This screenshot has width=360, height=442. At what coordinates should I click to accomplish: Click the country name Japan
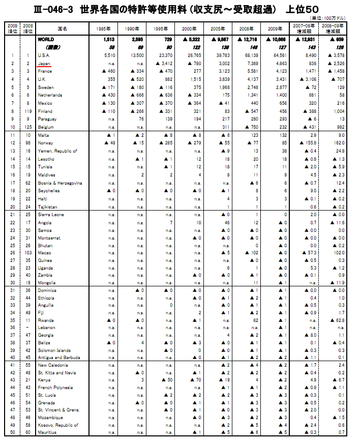coord(44,63)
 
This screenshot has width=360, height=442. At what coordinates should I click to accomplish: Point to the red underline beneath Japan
coord(45,67)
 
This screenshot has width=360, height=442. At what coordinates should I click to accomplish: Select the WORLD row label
coord(46,39)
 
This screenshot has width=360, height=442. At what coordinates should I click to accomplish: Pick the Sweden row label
coord(46,87)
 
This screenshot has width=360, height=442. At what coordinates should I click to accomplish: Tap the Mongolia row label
coord(47,282)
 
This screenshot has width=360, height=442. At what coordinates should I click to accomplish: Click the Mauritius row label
coord(47,432)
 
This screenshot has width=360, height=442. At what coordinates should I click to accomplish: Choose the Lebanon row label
coord(46,328)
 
